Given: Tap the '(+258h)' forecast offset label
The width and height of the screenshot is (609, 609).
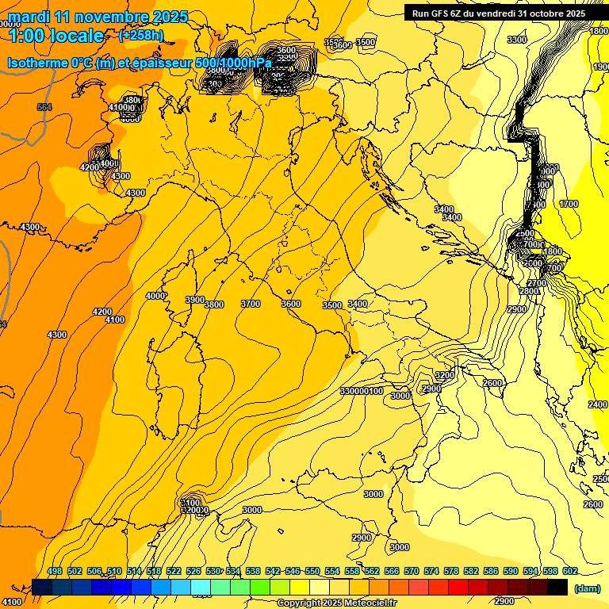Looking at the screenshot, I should click(141, 35).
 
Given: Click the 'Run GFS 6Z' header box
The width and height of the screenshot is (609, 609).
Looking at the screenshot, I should click(498, 13).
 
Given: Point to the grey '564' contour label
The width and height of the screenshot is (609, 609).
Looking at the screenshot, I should click(44, 107).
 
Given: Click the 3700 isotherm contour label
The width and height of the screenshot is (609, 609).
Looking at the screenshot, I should click(251, 304).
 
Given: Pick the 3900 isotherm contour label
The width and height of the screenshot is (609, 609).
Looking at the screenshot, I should click(194, 300).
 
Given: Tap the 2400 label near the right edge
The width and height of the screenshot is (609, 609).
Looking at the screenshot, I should click(597, 404).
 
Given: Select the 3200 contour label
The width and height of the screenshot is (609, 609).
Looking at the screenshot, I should click(444, 375).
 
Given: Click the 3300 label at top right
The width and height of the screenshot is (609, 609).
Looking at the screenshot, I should click(516, 40).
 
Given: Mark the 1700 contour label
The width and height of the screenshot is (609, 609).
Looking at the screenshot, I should click(569, 204).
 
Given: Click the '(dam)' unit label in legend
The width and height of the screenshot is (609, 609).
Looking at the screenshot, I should click(587, 588).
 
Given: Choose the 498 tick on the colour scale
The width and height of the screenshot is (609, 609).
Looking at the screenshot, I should click(55, 572).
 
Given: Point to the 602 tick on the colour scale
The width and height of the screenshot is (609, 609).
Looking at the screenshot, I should click(569, 572).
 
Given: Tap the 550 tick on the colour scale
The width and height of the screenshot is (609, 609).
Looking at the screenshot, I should click(312, 572).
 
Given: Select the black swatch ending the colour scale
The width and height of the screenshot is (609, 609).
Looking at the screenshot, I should click(557, 588).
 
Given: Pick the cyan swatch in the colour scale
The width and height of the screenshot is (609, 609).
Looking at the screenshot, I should click(201, 588).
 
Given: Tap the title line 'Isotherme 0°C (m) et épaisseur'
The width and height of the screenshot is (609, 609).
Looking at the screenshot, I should click(140, 63).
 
